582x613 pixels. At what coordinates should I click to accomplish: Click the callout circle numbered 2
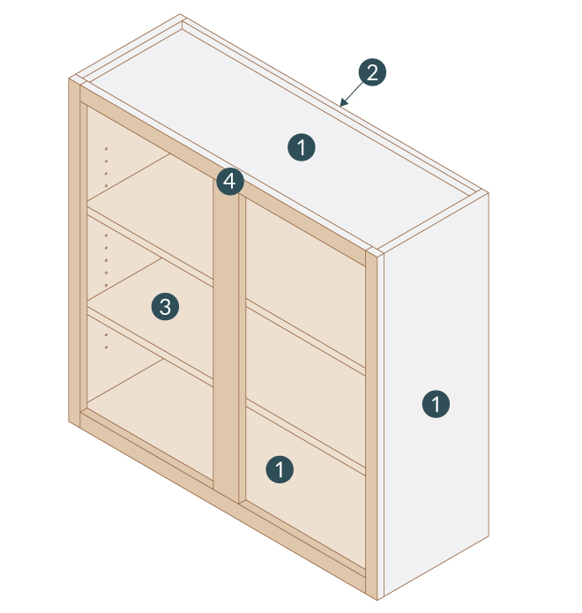pos(371,72)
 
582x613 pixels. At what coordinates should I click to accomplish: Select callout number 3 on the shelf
pos(164,307)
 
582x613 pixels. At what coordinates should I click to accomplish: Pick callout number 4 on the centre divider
pos(229,183)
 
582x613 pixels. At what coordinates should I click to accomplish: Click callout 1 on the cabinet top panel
pos(302,147)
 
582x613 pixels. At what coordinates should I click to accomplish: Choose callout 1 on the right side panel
pos(436,405)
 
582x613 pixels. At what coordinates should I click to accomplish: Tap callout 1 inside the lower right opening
pos(280,469)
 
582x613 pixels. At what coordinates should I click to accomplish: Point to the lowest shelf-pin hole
pos(107,348)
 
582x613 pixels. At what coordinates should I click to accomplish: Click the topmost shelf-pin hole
pos(107,148)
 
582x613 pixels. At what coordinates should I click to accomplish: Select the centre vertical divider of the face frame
pos(228,353)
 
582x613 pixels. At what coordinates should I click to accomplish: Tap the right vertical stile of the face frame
pos(371,423)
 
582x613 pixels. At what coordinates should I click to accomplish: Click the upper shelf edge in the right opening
pos(304,335)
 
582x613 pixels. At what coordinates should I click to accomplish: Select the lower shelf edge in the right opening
pos(304,437)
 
